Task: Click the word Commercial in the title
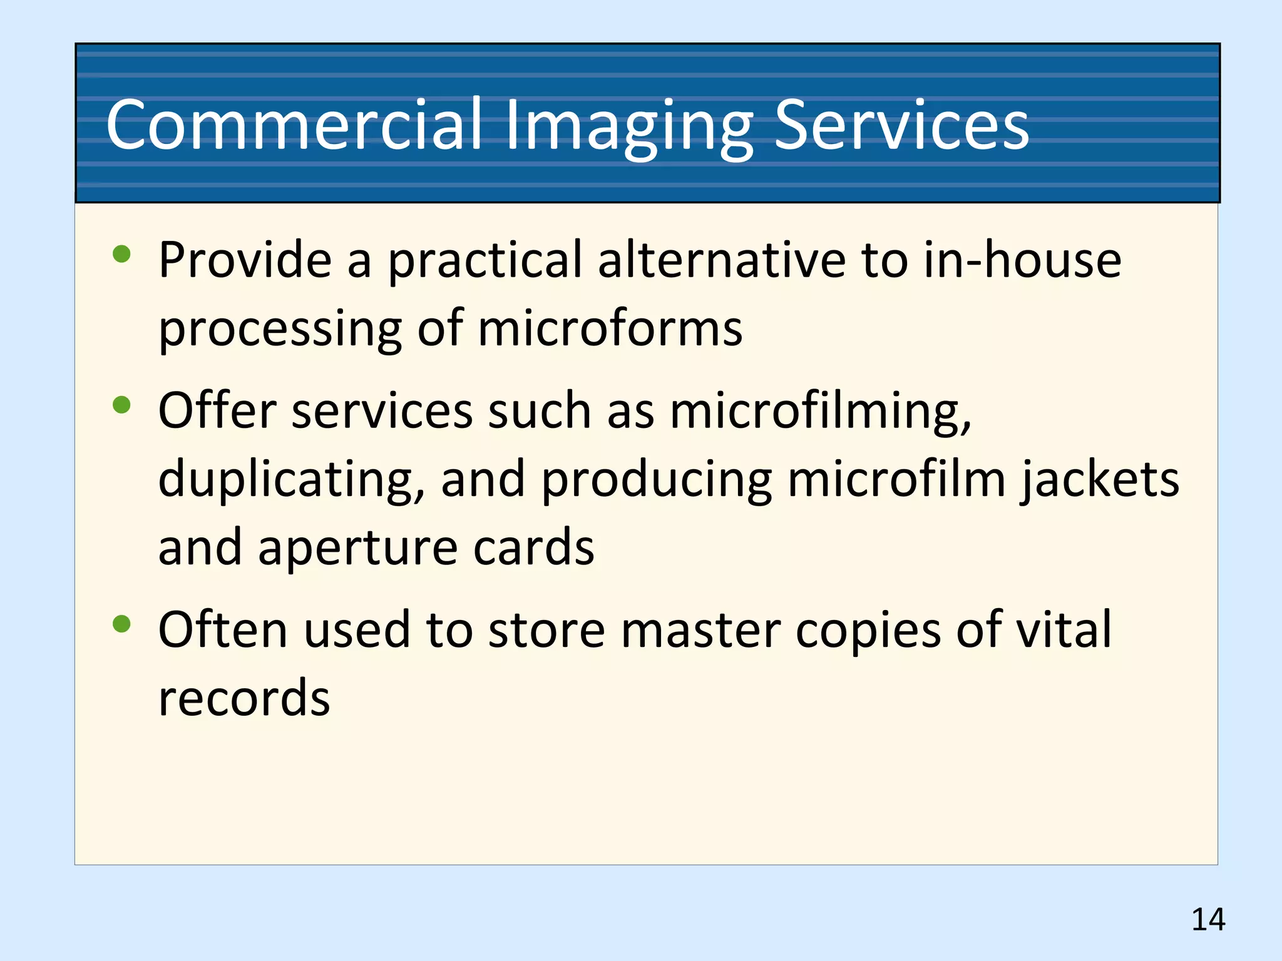pos(294,126)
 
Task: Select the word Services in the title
pos(901,126)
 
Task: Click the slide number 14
pos(1208,920)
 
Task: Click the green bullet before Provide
pos(121,254)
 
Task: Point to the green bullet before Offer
pos(121,405)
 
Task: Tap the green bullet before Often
pos(121,623)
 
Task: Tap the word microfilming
pos(821,412)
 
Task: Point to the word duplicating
pos(292,480)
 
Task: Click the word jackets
pos(1100,480)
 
